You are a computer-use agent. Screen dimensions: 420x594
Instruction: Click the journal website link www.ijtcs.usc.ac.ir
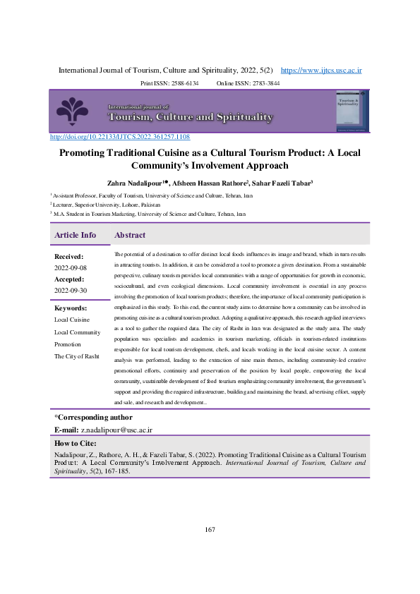(x=321, y=71)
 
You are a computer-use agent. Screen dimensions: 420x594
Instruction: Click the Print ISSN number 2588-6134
(x=182, y=83)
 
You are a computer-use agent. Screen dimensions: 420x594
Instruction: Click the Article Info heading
(x=76, y=235)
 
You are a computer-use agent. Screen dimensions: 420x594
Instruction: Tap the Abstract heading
(x=130, y=235)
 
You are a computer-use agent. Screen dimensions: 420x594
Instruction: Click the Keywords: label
(x=71, y=308)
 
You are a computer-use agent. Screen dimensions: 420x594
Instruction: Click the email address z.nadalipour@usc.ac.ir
(x=116, y=430)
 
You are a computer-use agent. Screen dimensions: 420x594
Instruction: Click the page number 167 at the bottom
(x=210, y=529)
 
